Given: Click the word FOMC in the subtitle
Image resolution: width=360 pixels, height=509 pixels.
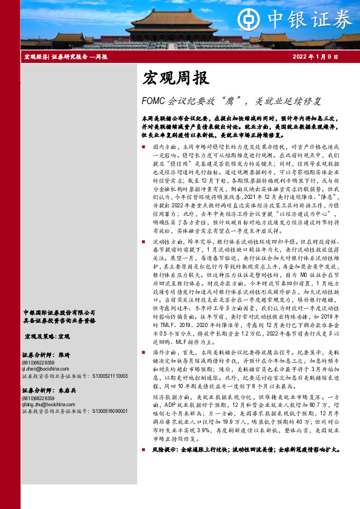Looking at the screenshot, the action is (x=152, y=100).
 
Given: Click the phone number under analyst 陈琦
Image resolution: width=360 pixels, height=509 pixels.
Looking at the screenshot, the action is (x=39, y=361).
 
